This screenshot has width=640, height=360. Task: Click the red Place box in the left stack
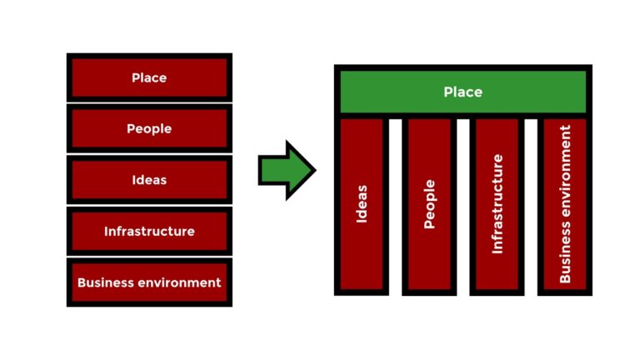tap(149, 77)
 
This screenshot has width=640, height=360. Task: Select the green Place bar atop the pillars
tap(462, 92)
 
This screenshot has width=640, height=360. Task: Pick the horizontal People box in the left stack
tap(149, 129)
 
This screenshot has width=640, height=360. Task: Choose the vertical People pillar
tap(429, 205)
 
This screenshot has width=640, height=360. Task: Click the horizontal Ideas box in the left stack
tap(149, 180)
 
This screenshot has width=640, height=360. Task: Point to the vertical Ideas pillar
tap(362, 205)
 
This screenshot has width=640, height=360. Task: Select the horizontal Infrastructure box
tap(149, 231)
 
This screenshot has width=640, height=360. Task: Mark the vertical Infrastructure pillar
tap(497, 205)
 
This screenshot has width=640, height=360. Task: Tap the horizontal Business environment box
tap(149, 282)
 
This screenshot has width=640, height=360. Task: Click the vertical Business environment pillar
tap(565, 205)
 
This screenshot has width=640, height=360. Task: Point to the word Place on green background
tap(462, 92)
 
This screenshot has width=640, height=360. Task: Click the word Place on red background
tap(149, 77)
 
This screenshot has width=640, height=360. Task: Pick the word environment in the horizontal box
tap(178, 282)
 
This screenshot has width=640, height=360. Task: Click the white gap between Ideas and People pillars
tap(395, 205)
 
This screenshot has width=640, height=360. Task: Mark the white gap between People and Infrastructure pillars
tap(463, 205)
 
